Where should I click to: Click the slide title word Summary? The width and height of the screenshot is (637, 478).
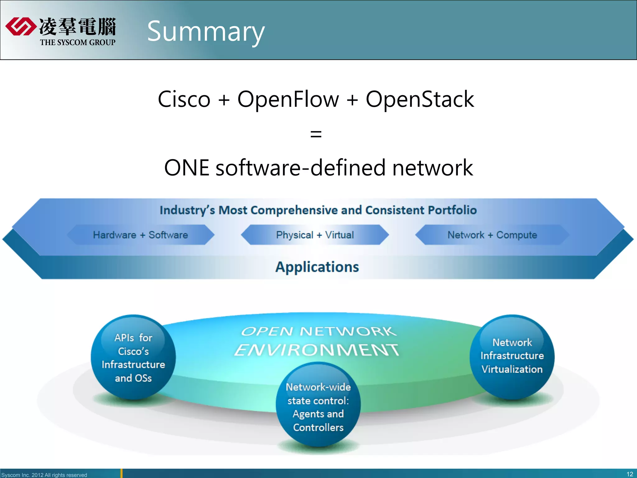coord(206,31)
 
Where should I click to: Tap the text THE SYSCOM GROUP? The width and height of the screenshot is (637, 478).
coord(77,42)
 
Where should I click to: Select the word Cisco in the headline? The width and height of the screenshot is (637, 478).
coord(184,99)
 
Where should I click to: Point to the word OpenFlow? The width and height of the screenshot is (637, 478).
coord(288,99)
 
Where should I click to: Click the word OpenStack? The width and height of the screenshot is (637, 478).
coord(420,99)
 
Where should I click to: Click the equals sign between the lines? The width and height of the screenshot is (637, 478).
coord(316,134)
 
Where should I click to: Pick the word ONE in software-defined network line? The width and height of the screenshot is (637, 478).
coord(187,168)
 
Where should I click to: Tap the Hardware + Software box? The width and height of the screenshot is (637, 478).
coord(141,235)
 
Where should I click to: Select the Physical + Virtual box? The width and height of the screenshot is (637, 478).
coord(315,235)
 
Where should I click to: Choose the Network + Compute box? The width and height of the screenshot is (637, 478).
coord(492,235)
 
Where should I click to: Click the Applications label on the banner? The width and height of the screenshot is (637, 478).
coord(317,267)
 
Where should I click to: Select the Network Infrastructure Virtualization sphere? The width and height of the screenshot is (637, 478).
coord(512,356)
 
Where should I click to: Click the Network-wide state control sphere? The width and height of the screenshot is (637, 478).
coord(318,406)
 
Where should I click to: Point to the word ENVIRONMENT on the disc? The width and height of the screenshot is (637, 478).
coord(316,350)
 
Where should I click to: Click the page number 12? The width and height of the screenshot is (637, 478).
coord(630,474)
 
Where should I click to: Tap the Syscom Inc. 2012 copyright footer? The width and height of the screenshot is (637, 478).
coord(44,475)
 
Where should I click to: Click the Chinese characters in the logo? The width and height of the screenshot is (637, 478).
coord(77,26)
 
